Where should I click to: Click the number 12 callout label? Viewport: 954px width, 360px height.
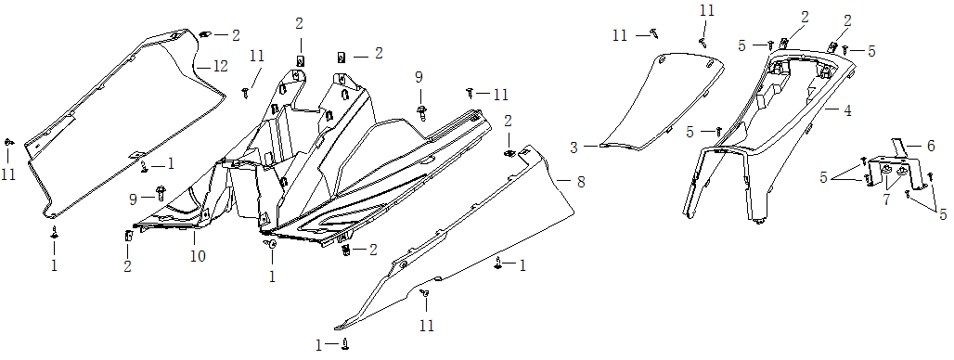point(219,67)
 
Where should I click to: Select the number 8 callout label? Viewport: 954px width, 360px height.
point(580,182)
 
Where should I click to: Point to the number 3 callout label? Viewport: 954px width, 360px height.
point(574,147)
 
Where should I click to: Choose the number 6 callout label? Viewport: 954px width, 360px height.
point(930,146)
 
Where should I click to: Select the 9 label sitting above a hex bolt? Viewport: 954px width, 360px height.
point(419,76)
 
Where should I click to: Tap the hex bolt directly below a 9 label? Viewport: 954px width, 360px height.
point(423,111)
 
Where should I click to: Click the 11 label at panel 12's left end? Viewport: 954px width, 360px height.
point(8,174)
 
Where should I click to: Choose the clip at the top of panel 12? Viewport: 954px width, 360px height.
point(204,35)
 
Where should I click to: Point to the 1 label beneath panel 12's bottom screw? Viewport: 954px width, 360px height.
point(54,265)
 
